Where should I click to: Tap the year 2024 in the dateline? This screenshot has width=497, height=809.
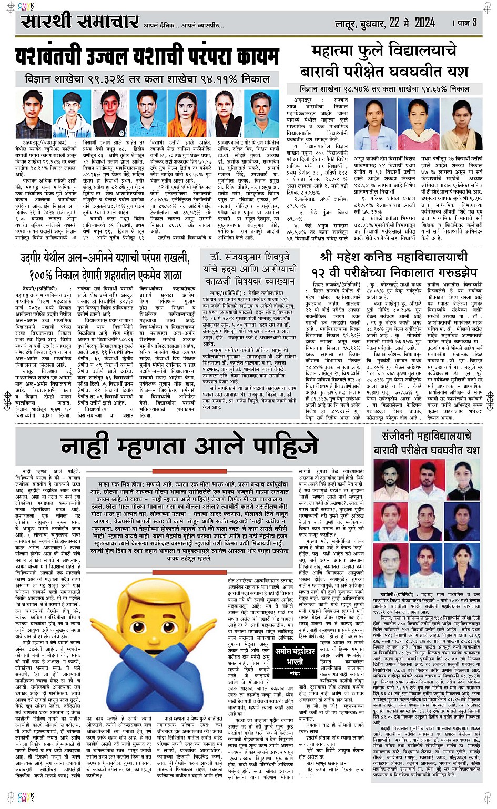point(424,23)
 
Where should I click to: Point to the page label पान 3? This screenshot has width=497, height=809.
point(465,23)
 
